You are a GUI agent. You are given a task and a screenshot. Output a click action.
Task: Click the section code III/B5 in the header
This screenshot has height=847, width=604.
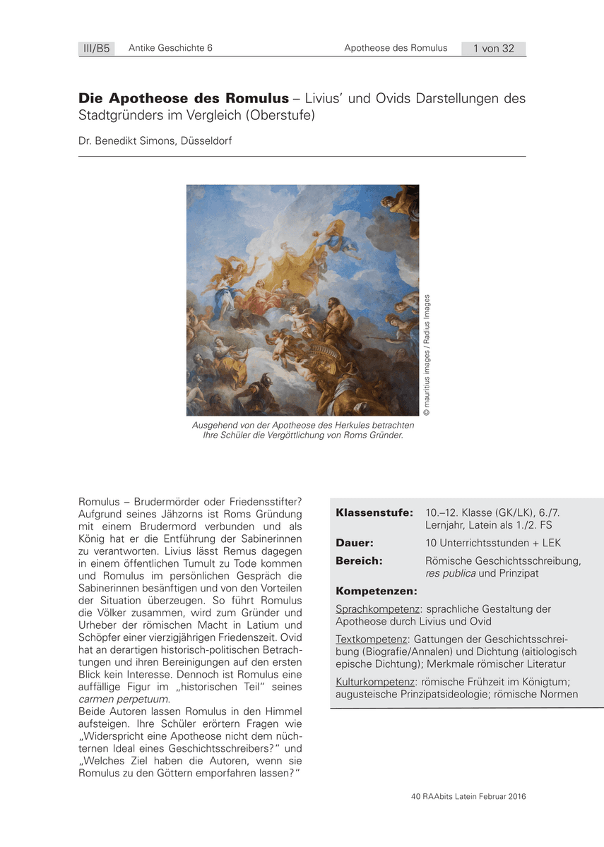97,49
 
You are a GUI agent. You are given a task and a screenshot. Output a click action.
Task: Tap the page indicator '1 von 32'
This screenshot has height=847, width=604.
494,49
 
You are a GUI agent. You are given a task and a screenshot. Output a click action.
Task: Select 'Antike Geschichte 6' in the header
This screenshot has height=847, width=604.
170,48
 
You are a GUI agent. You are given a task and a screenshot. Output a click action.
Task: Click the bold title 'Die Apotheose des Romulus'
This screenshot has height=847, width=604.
184,99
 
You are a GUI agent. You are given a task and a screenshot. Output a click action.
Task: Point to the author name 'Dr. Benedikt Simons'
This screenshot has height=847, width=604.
133,140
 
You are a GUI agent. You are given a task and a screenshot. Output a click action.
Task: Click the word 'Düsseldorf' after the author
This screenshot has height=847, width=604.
209,140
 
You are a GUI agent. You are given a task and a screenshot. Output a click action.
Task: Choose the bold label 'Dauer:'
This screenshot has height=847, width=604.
355,543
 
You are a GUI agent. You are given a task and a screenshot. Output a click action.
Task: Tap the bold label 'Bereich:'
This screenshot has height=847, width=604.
359,561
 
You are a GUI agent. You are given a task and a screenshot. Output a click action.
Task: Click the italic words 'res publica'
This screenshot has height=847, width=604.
450,574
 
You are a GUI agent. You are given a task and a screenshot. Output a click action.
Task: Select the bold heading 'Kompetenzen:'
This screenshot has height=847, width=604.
376,591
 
